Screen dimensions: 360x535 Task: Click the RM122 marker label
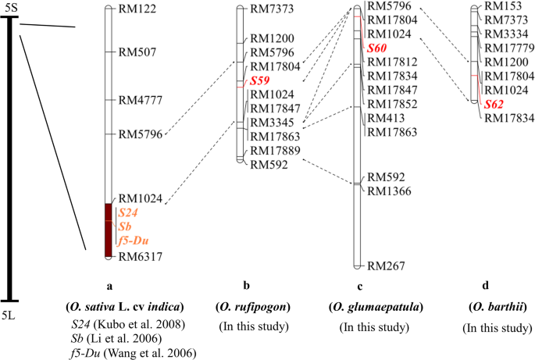pos(137,9)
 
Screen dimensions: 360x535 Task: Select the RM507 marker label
pos(137,52)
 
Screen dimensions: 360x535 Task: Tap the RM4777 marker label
pos(141,100)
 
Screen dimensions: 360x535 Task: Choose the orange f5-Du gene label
pos(133,240)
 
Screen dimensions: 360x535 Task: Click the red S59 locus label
pos(259,80)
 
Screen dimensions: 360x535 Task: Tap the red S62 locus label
pos(494,104)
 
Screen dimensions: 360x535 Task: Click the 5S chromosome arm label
pos(9,7)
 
